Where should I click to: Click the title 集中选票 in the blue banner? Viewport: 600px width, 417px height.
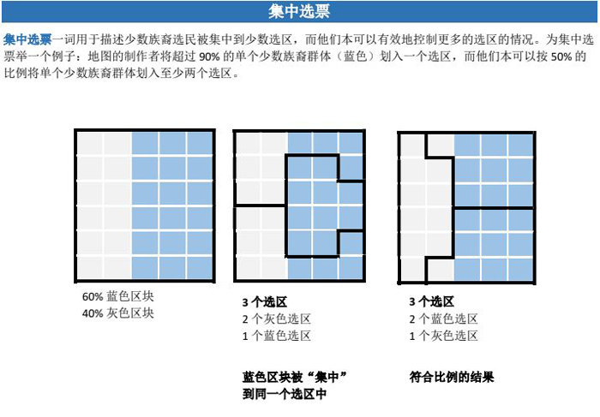click(x=299, y=11)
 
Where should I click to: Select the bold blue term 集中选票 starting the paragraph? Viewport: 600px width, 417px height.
click(x=27, y=39)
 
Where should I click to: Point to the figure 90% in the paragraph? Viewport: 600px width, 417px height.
click(x=209, y=57)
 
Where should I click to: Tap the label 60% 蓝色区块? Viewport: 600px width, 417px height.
click(x=118, y=296)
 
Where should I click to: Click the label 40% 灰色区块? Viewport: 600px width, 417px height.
click(x=118, y=313)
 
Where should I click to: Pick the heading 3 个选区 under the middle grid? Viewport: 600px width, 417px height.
click(x=264, y=302)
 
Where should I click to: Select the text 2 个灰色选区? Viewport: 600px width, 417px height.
click(x=276, y=319)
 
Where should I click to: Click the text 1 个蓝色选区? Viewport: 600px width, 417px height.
click(x=276, y=336)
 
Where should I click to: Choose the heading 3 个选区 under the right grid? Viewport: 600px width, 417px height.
click(x=432, y=302)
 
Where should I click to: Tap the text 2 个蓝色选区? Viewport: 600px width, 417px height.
click(x=443, y=319)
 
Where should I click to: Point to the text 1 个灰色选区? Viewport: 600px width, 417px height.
click(x=443, y=336)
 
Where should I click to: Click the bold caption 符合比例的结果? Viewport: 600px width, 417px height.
click(x=452, y=378)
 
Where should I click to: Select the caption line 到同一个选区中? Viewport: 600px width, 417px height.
click(x=285, y=394)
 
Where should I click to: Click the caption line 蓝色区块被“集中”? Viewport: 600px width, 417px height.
click(x=295, y=378)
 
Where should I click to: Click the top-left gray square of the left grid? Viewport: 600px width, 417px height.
click(x=90, y=143)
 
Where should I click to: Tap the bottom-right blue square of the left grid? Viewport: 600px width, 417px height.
click(x=200, y=267)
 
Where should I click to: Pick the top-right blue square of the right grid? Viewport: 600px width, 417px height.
click(x=520, y=145)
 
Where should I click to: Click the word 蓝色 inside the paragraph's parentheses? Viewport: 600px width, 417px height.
click(x=356, y=57)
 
